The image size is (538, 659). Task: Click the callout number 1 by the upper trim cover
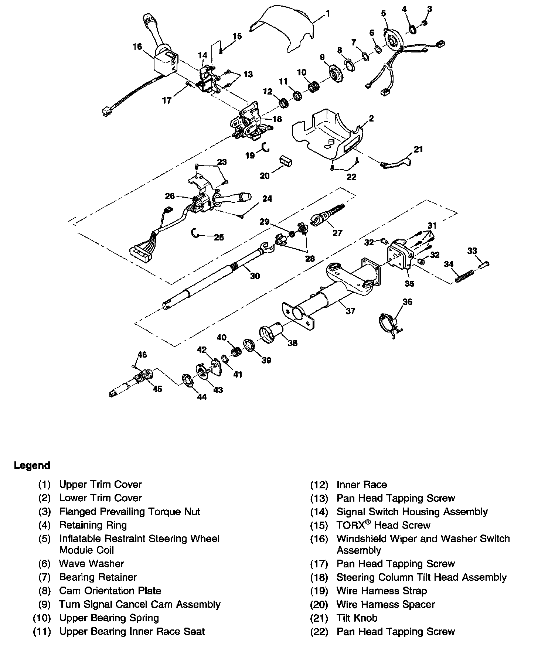328,14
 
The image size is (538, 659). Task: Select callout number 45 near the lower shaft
158,389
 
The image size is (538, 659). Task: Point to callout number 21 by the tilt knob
418,149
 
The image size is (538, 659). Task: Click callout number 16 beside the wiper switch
137,47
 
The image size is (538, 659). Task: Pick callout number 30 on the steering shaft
255,276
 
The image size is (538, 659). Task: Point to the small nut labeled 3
425,23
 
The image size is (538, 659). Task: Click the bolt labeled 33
484,264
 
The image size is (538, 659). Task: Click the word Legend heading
32,465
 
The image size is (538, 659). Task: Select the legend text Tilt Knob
357,618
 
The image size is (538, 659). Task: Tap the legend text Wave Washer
92,564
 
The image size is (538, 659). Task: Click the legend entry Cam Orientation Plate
110,591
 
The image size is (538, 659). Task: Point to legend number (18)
319,577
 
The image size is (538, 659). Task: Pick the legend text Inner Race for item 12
362,485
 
